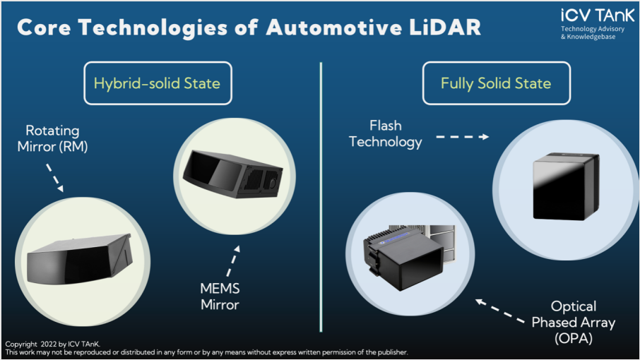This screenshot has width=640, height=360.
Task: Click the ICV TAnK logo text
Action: [598, 16]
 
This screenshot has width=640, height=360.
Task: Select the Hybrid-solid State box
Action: [158, 83]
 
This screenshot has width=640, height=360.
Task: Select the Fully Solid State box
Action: [497, 83]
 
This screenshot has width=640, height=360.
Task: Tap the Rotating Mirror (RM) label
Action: [53, 138]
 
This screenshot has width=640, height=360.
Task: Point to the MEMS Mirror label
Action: [220, 296]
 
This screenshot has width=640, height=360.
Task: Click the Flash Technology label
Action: [386, 133]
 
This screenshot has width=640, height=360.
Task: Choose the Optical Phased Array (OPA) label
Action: [574, 322]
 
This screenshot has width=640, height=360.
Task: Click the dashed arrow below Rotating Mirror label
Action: [54, 178]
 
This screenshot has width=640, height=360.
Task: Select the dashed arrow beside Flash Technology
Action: [463, 137]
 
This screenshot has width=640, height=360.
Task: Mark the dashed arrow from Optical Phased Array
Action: [500, 311]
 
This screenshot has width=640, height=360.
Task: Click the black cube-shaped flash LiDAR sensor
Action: [566, 186]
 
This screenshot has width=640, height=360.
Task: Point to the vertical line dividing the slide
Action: [321, 197]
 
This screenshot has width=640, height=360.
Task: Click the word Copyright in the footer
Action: [21, 344]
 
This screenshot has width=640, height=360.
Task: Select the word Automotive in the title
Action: [334, 28]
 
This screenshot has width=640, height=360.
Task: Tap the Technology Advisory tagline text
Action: [593, 29]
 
